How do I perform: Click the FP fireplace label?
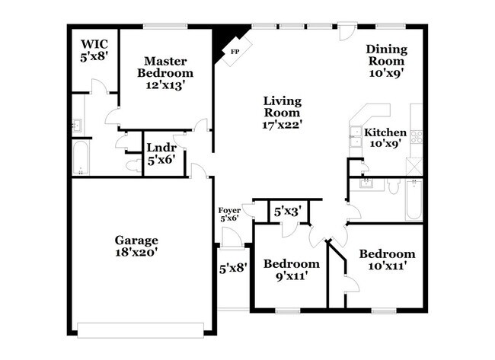(233, 52)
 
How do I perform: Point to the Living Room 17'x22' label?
(283, 113)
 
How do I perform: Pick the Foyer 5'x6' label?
(229, 214)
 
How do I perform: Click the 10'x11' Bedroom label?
(388, 260)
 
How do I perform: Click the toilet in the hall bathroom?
(392, 186)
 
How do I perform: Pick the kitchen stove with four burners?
(417, 137)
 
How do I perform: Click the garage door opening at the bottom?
(141, 329)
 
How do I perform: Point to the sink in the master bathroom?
(77, 126)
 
